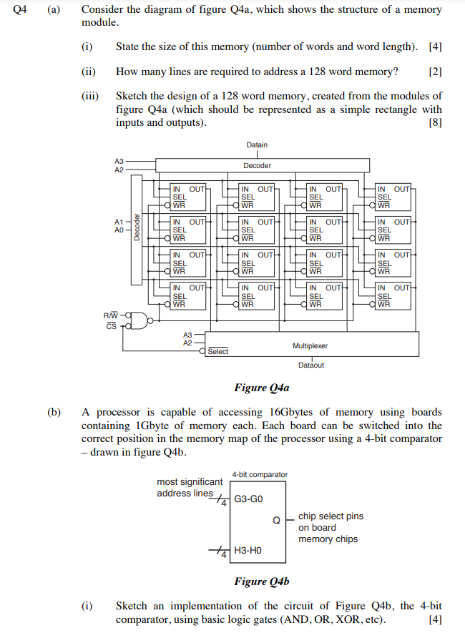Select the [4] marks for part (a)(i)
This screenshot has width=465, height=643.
[x=434, y=46]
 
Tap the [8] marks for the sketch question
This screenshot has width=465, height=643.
[x=434, y=122]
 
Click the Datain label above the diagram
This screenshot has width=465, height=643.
[x=257, y=145]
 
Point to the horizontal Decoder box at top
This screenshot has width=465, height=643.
[x=258, y=165]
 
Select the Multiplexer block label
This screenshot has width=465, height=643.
[x=310, y=345]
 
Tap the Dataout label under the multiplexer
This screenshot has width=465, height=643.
[x=310, y=365]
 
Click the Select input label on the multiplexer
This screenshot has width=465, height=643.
[x=218, y=351]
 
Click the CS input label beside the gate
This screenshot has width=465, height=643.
[x=110, y=326]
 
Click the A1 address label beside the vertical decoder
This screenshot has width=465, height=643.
[x=119, y=222]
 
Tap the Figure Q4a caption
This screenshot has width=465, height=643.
[x=261, y=388]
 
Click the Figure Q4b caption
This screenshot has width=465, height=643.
[x=261, y=581]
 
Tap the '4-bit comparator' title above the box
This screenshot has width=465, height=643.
[x=260, y=474]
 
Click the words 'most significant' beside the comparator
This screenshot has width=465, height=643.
[x=190, y=482]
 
